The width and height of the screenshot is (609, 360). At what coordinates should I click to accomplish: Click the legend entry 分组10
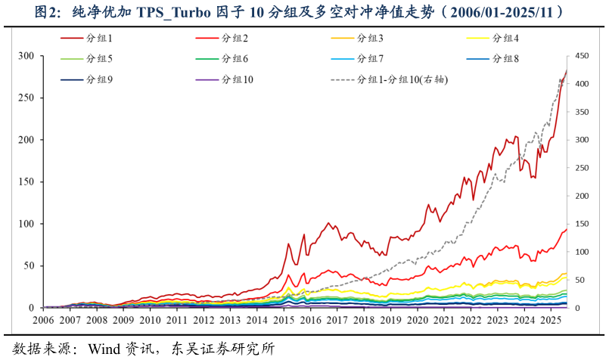[x=237, y=79]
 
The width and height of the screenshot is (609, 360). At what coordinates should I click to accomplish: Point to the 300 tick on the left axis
[x=26, y=56]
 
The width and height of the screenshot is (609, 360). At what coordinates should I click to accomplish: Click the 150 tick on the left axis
[x=26, y=182]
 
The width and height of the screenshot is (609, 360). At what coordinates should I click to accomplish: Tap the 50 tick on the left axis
[x=29, y=265]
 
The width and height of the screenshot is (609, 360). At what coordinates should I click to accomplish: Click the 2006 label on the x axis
[x=43, y=321]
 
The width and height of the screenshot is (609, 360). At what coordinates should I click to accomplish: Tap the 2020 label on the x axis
[x=418, y=321]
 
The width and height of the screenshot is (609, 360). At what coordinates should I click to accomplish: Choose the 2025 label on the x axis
[x=552, y=321]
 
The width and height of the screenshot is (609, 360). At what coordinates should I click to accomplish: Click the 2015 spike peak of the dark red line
[x=288, y=244]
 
